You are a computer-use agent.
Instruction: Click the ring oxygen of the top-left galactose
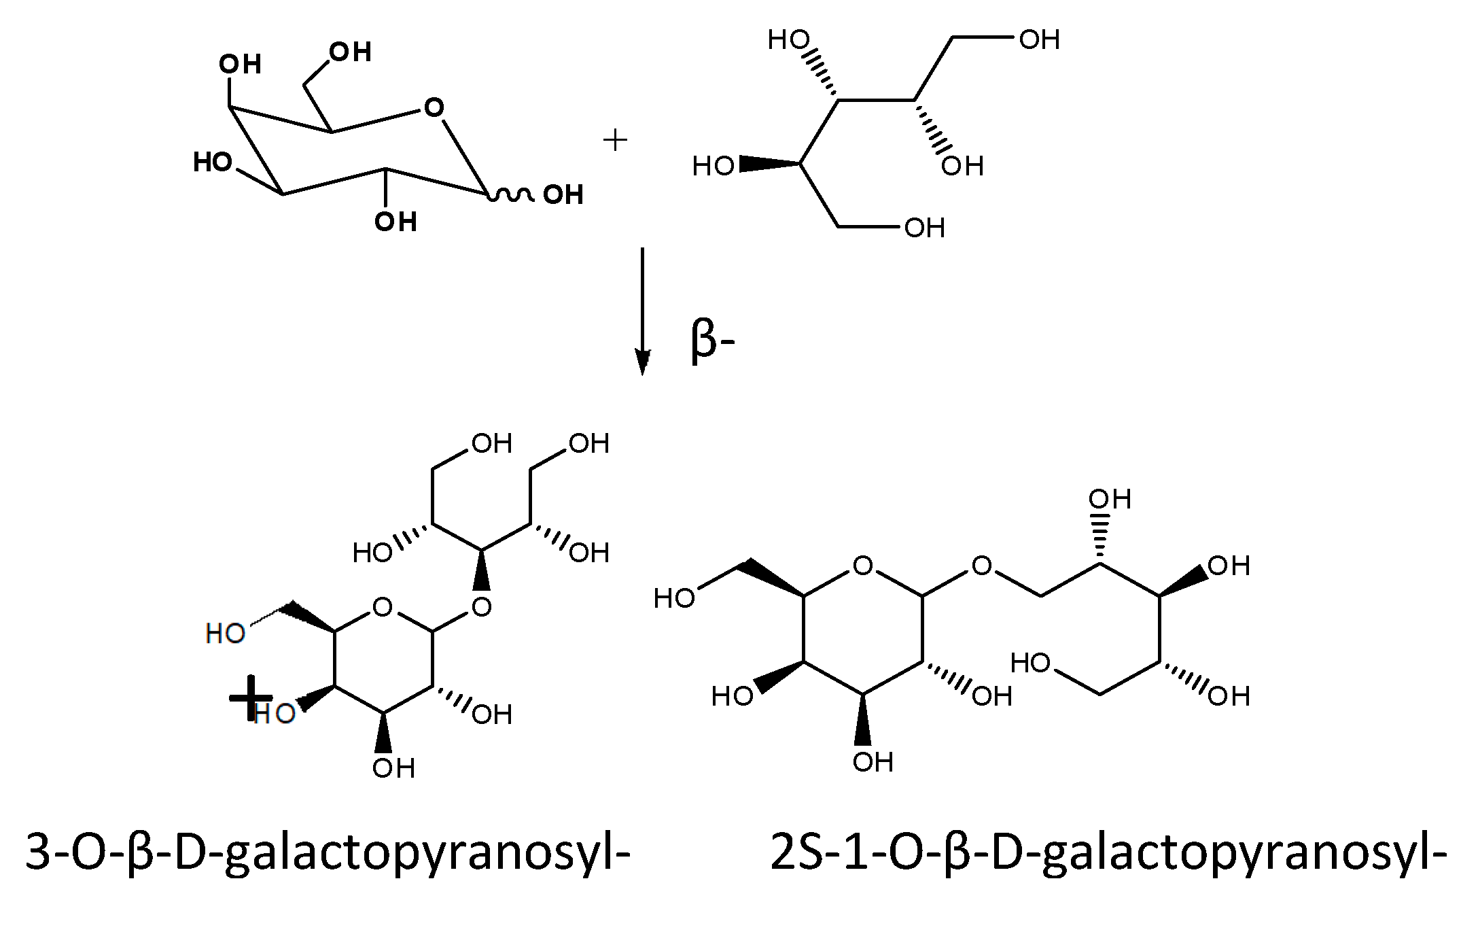pos(434,107)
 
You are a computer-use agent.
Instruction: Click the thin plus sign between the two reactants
pos(615,141)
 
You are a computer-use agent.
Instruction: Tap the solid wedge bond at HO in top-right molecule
pos(769,164)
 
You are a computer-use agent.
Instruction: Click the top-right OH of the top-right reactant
pos(1039,39)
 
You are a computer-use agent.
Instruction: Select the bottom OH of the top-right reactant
pos(924,228)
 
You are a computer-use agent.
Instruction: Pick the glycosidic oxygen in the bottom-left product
pos(481,606)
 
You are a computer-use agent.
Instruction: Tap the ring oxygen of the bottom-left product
pos(383,606)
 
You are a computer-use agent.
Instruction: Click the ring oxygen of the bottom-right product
pos(862,566)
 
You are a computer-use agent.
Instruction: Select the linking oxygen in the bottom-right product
pos(981,566)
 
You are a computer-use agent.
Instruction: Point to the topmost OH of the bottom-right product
pos(1109,499)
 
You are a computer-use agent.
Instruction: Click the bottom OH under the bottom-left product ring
pos(393,768)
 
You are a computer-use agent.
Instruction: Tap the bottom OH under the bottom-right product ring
pos(873,762)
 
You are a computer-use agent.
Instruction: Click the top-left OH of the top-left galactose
pos(240,65)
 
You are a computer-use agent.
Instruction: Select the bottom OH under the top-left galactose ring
pos(395,222)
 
